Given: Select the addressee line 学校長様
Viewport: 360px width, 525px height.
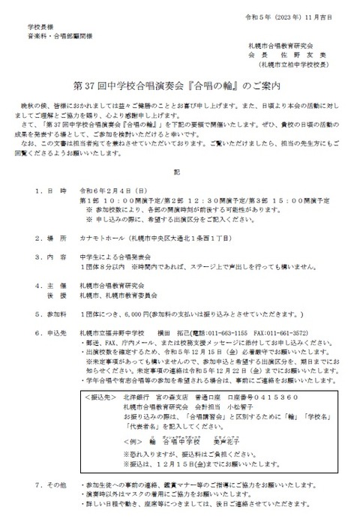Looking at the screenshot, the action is pyautogui.click(x=37, y=25).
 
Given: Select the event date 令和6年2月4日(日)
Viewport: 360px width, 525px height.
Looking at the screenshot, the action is pyautogui.click(x=108, y=191).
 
